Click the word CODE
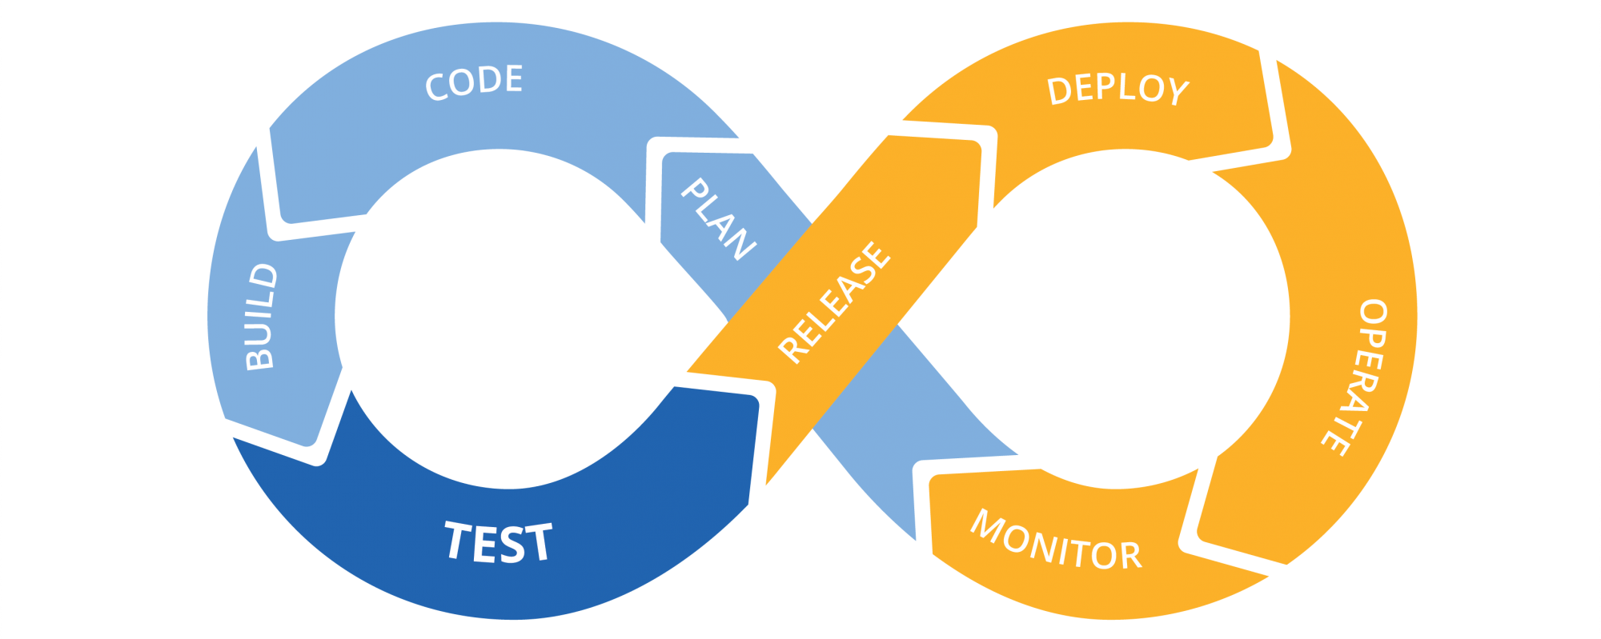coord(474,82)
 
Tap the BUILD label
coord(261,317)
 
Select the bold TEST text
coord(498,542)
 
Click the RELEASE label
coord(833,302)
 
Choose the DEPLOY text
coord(1117,90)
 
